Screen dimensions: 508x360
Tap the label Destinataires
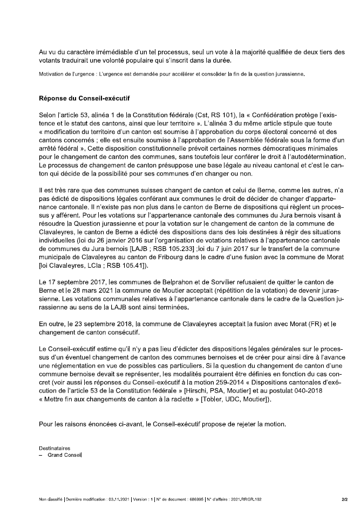point(54,448)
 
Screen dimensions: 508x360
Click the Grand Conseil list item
point(64,455)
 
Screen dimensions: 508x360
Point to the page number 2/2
point(344,499)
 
